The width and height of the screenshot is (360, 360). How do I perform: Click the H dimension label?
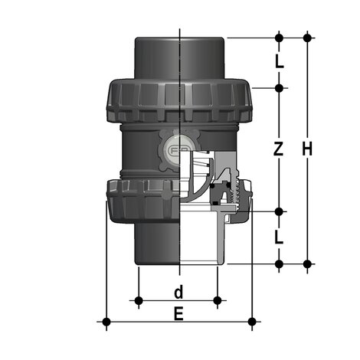(x=307, y=149)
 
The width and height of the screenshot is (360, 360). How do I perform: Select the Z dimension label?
(x=279, y=149)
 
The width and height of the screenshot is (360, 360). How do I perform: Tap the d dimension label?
(x=178, y=293)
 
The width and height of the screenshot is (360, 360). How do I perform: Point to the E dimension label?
(x=178, y=314)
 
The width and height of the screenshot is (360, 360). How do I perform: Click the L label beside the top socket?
(x=280, y=61)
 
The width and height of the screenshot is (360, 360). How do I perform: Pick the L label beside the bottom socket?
(x=279, y=237)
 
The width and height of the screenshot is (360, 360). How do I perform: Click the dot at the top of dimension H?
(x=307, y=38)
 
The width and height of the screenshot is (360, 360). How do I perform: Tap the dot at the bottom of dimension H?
(x=307, y=263)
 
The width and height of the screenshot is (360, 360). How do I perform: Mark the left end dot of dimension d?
(x=139, y=300)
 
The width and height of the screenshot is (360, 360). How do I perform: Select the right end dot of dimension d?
(x=218, y=300)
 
